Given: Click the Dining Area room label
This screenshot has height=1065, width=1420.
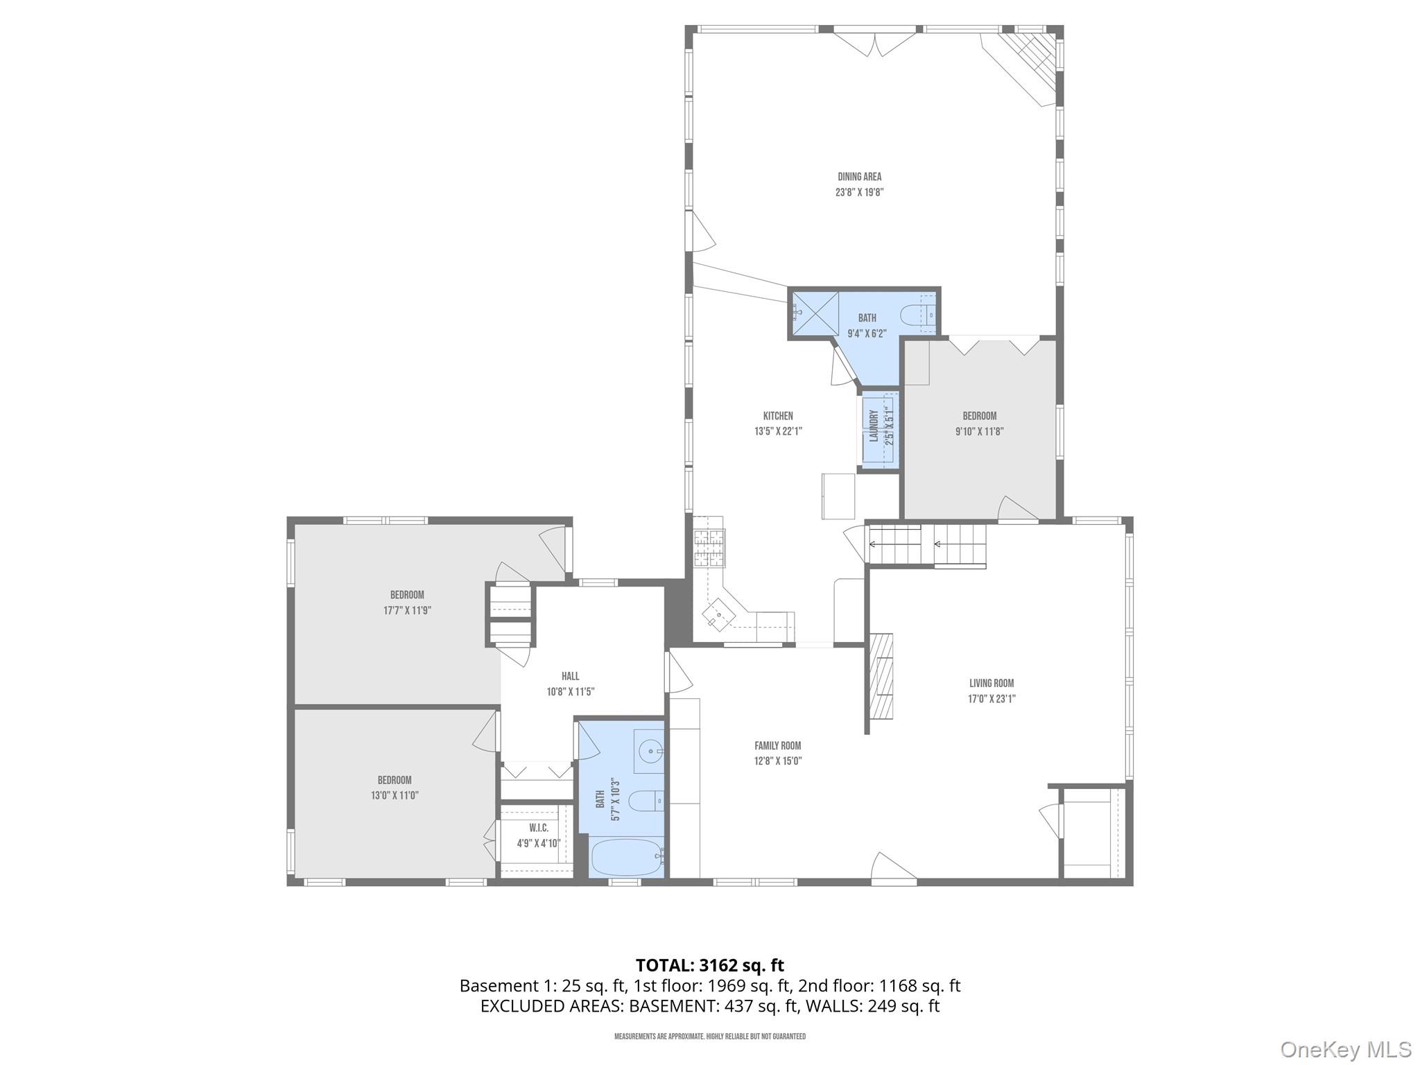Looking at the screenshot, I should (859, 177).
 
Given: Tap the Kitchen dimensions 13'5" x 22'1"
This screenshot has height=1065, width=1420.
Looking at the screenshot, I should (778, 431).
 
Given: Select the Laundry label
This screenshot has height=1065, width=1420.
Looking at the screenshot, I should (874, 426).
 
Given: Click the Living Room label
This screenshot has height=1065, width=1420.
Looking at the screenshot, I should (992, 683).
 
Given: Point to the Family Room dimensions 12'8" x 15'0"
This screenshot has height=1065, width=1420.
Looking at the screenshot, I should (778, 761).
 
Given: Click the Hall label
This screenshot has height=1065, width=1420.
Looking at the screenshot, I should (570, 676).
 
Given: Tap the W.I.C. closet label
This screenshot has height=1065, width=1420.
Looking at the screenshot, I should (539, 828).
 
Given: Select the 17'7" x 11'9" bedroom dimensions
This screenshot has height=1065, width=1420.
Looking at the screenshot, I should (407, 611).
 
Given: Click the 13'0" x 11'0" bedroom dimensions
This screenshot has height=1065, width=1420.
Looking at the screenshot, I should (395, 796).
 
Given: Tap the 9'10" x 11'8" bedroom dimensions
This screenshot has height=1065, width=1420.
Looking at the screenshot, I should (979, 431).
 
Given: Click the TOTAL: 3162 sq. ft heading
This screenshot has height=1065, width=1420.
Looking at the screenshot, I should (709, 965).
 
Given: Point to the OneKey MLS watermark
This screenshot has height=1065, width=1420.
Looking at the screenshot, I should (1345, 1050).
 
